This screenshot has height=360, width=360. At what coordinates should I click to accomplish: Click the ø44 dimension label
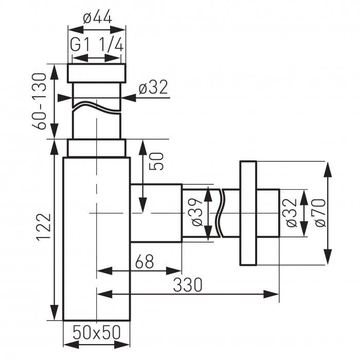97,18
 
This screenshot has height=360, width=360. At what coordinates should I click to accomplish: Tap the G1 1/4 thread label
97,45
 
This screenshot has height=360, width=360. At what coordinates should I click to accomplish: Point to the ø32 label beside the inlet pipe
153,88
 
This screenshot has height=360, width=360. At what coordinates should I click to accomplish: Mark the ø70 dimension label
319,213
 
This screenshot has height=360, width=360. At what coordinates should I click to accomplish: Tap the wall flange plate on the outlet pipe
248,213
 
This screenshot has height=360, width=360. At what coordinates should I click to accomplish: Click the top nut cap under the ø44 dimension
97,73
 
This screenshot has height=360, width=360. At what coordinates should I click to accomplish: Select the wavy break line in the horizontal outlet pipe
222,213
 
